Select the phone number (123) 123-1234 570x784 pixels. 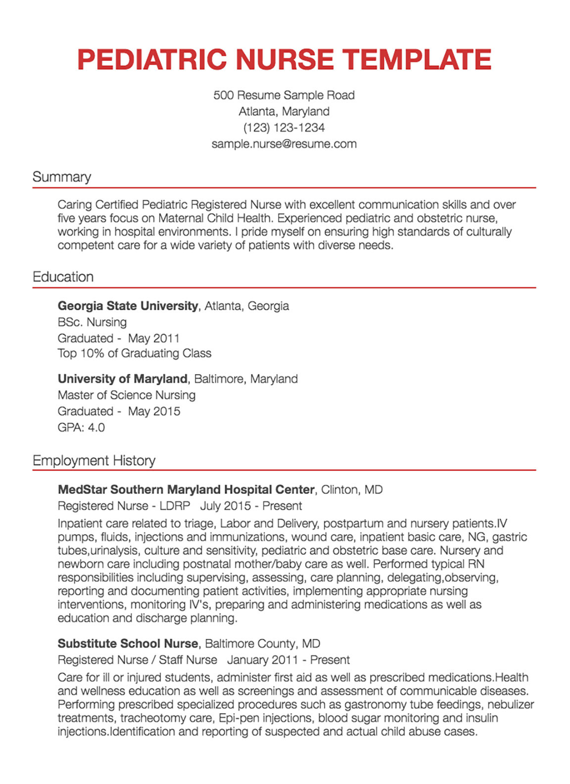click(284, 128)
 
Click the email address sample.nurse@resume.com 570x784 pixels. click(284, 144)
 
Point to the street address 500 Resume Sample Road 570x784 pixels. click(284, 95)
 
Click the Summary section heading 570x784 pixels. click(62, 177)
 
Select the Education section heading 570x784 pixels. click(63, 277)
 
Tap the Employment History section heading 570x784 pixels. click(94, 461)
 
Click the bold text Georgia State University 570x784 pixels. click(128, 306)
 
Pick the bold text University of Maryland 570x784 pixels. click(122, 379)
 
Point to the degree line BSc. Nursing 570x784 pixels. click(92, 322)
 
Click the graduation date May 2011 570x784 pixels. click(153, 339)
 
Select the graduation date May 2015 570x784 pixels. click(154, 411)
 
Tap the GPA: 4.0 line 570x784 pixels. click(81, 428)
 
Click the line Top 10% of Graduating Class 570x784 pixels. click(134, 353)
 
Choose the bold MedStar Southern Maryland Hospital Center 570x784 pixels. click(186, 490)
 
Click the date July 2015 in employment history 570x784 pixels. click(226, 506)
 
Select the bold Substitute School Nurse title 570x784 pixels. click(128, 644)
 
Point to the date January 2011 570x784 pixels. click(262, 660)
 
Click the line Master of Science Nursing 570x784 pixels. click(126, 395)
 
